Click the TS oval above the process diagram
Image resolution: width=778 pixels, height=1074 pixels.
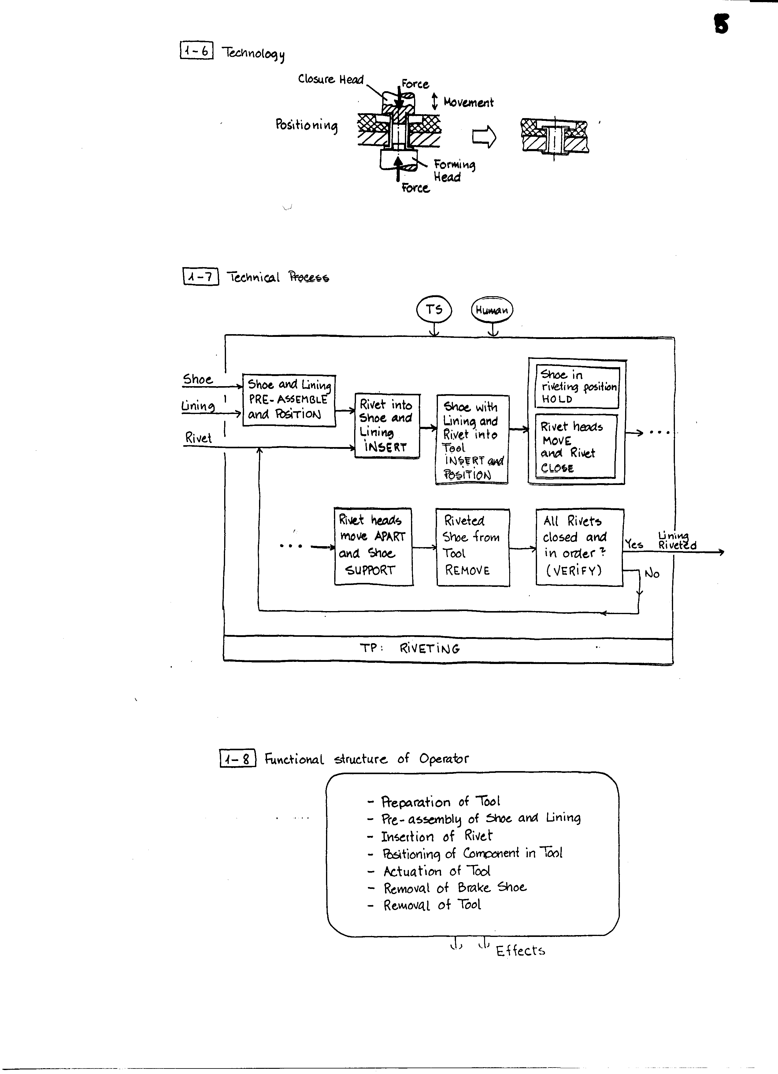[434, 310]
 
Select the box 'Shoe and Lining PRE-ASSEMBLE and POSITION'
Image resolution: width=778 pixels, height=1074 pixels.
[289, 400]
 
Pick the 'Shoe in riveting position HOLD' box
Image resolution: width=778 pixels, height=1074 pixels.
[577, 387]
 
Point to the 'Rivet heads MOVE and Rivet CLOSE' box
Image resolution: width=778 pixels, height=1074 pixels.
[576, 446]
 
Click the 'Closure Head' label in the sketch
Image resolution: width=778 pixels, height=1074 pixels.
[331, 79]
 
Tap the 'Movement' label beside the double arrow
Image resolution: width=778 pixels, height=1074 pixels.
[469, 102]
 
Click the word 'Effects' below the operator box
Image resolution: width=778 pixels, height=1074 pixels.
[520, 951]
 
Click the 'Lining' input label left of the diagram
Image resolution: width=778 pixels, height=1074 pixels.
[198, 406]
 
